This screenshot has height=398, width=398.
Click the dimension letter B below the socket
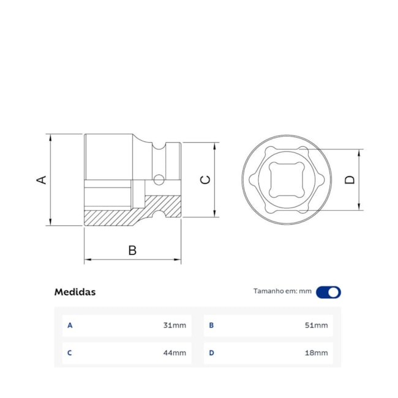pyautogui.click(x=132, y=250)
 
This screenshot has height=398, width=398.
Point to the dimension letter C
pyautogui.click(x=206, y=179)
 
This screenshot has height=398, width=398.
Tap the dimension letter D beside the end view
pyautogui.click(x=350, y=179)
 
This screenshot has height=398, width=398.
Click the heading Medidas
pyautogui.click(x=75, y=292)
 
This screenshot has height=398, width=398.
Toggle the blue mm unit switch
pyautogui.click(x=328, y=292)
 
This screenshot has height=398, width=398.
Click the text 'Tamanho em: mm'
pyautogui.click(x=282, y=291)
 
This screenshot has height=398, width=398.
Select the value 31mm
pyautogui.click(x=175, y=325)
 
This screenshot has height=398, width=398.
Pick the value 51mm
pyautogui.click(x=316, y=325)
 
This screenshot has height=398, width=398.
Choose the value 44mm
pyautogui.click(x=175, y=353)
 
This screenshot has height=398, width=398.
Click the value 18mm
pyautogui.click(x=316, y=353)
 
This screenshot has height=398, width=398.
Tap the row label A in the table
pyautogui.click(x=70, y=325)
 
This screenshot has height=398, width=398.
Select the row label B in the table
pyautogui.click(x=211, y=325)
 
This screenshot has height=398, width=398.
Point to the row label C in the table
pyautogui.click(x=70, y=353)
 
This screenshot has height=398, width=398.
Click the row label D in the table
pyautogui.click(x=211, y=353)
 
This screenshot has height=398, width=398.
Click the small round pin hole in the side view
pyautogui.click(x=159, y=180)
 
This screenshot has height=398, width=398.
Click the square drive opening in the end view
pyautogui.click(x=286, y=179)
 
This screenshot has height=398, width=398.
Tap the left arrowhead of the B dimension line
pyautogui.click(x=86, y=260)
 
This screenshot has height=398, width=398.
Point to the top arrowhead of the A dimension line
pyautogui.click(x=49, y=137)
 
